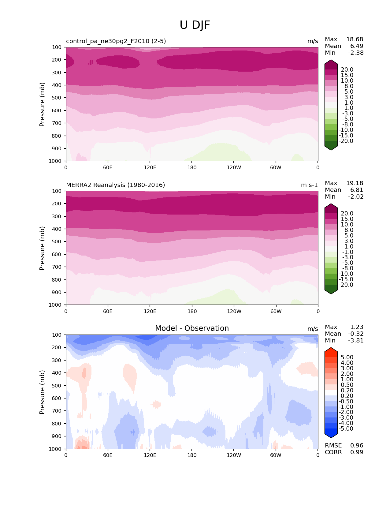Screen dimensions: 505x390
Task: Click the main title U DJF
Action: pyautogui.click(x=195, y=25)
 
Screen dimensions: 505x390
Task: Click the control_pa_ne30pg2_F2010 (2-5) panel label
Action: pyautogui.click(x=116, y=41)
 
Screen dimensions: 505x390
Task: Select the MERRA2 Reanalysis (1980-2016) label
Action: pyautogui.click(x=115, y=185)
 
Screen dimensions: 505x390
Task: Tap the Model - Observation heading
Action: pyautogui.click(x=192, y=328)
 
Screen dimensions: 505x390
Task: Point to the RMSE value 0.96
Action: pyautogui.click(x=357, y=446)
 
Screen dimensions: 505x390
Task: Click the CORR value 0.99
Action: pyautogui.click(x=357, y=452)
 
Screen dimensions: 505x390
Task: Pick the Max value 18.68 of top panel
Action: pyautogui.click(x=355, y=39)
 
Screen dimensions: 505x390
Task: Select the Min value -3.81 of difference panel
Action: pyautogui.click(x=356, y=341)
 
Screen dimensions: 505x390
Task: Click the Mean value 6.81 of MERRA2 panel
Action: pyautogui.click(x=357, y=190)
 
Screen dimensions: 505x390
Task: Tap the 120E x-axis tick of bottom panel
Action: pyautogui.click(x=150, y=455)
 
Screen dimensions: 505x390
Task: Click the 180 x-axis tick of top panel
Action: pyautogui.click(x=192, y=167)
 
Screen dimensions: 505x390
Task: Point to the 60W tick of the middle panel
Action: pyautogui.click(x=276, y=311)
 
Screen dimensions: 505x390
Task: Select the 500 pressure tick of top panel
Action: pyautogui.click(x=57, y=98)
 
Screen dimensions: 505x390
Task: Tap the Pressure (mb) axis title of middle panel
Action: pyautogui.click(x=42, y=248)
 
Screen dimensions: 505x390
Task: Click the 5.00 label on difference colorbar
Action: pyautogui.click(x=347, y=357)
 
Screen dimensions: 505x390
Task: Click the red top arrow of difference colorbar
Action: pyautogui.click(x=331, y=351)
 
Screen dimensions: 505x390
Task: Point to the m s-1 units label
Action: pyautogui.click(x=309, y=185)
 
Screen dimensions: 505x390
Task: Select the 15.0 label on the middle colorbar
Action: pyautogui.click(x=347, y=219)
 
